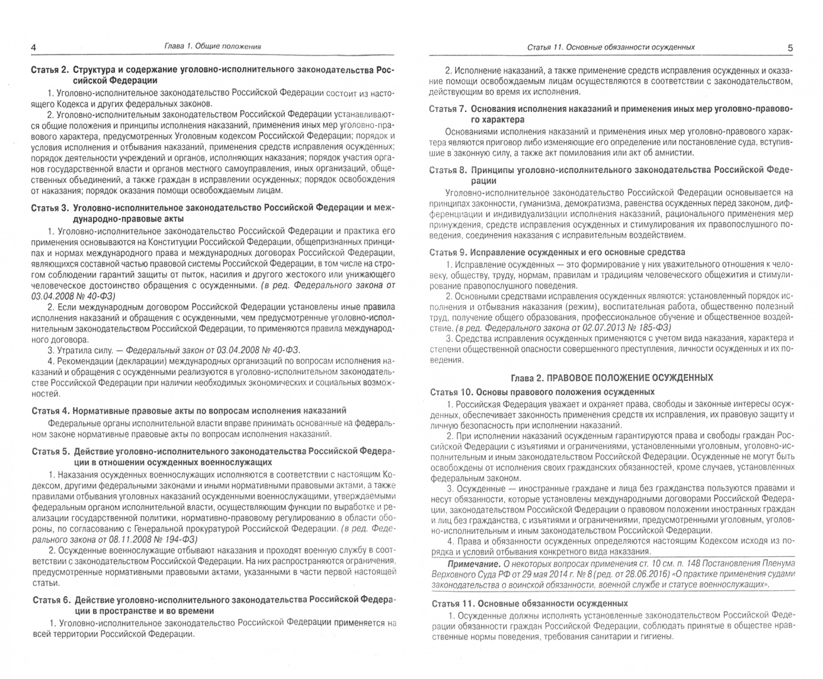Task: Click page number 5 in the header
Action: pos(790,47)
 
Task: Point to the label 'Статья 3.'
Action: pos(50,207)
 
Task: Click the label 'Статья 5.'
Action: pos(50,451)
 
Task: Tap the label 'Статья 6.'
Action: pos(50,600)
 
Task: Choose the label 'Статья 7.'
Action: pos(448,109)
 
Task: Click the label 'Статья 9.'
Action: pos(448,252)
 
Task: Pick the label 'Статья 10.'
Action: pos(451,392)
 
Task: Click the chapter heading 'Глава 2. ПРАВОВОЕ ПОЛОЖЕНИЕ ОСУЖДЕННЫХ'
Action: pos(611,377)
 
